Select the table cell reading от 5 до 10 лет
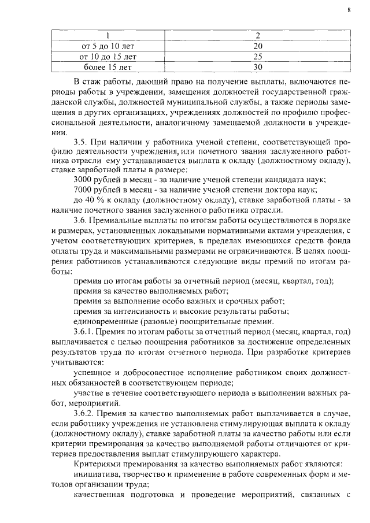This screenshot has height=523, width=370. click(107, 46)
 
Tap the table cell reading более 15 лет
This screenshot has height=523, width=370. click(107, 67)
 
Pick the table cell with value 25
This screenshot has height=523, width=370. click(258, 57)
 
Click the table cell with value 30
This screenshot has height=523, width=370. click(258, 67)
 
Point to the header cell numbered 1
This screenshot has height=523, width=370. click(107, 35)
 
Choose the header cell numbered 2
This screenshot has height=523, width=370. click(258, 35)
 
